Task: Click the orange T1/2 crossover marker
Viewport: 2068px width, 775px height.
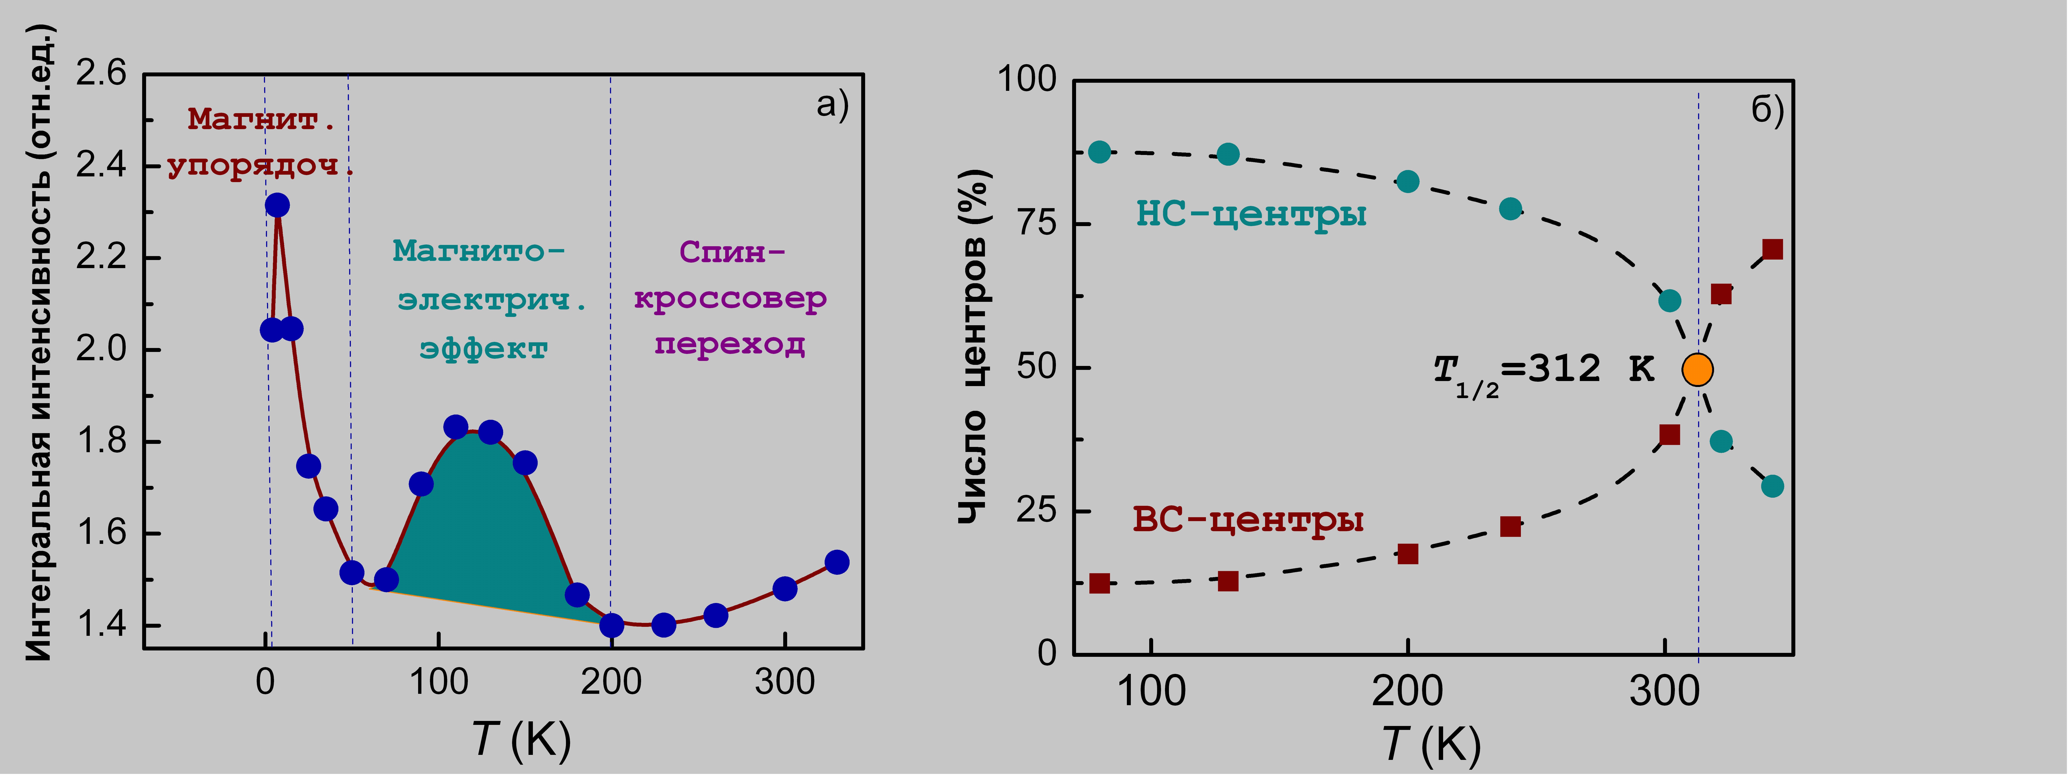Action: coord(1697,370)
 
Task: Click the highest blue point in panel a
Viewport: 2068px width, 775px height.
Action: coord(277,205)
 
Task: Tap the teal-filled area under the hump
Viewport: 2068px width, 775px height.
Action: coord(482,529)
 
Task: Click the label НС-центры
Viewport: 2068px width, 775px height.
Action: coord(1251,214)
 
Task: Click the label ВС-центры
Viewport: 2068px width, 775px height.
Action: coord(1248,520)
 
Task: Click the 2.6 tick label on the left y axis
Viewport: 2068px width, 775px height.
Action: coord(101,74)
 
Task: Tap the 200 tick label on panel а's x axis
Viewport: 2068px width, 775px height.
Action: coord(611,682)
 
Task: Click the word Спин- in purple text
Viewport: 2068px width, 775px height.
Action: coord(732,252)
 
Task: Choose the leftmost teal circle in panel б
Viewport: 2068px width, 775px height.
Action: coord(1099,152)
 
